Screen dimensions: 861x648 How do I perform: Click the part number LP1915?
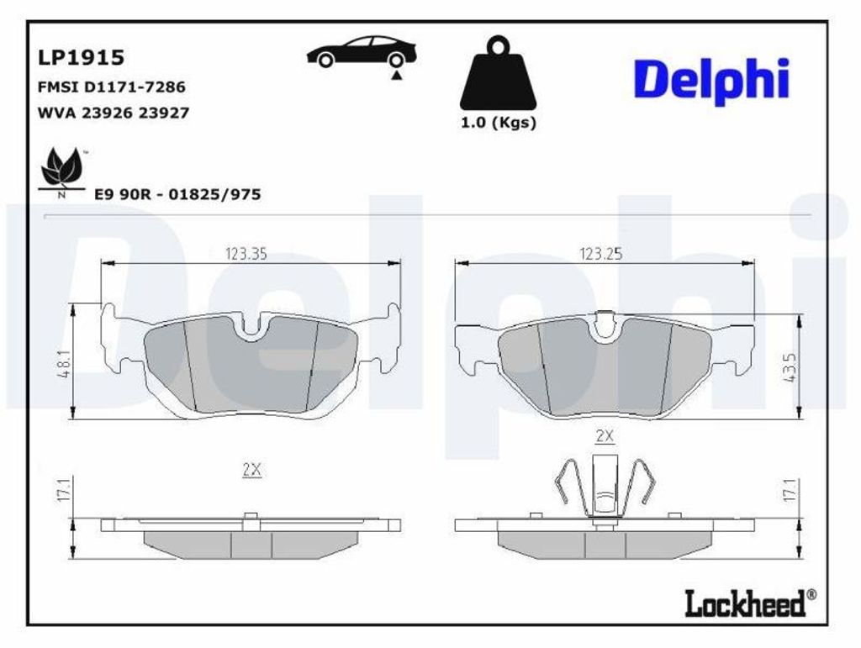click(x=81, y=57)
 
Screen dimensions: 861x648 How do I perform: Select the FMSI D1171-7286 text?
click(x=112, y=87)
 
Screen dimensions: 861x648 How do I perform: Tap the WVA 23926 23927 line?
click(x=114, y=113)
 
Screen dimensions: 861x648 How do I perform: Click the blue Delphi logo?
click(x=711, y=81)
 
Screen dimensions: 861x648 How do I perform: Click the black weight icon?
click(x=498, y=72)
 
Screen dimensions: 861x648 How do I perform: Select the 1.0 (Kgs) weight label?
click(x=498, y=123)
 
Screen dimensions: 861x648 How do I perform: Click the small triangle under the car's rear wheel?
click(x=396, y=76)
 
